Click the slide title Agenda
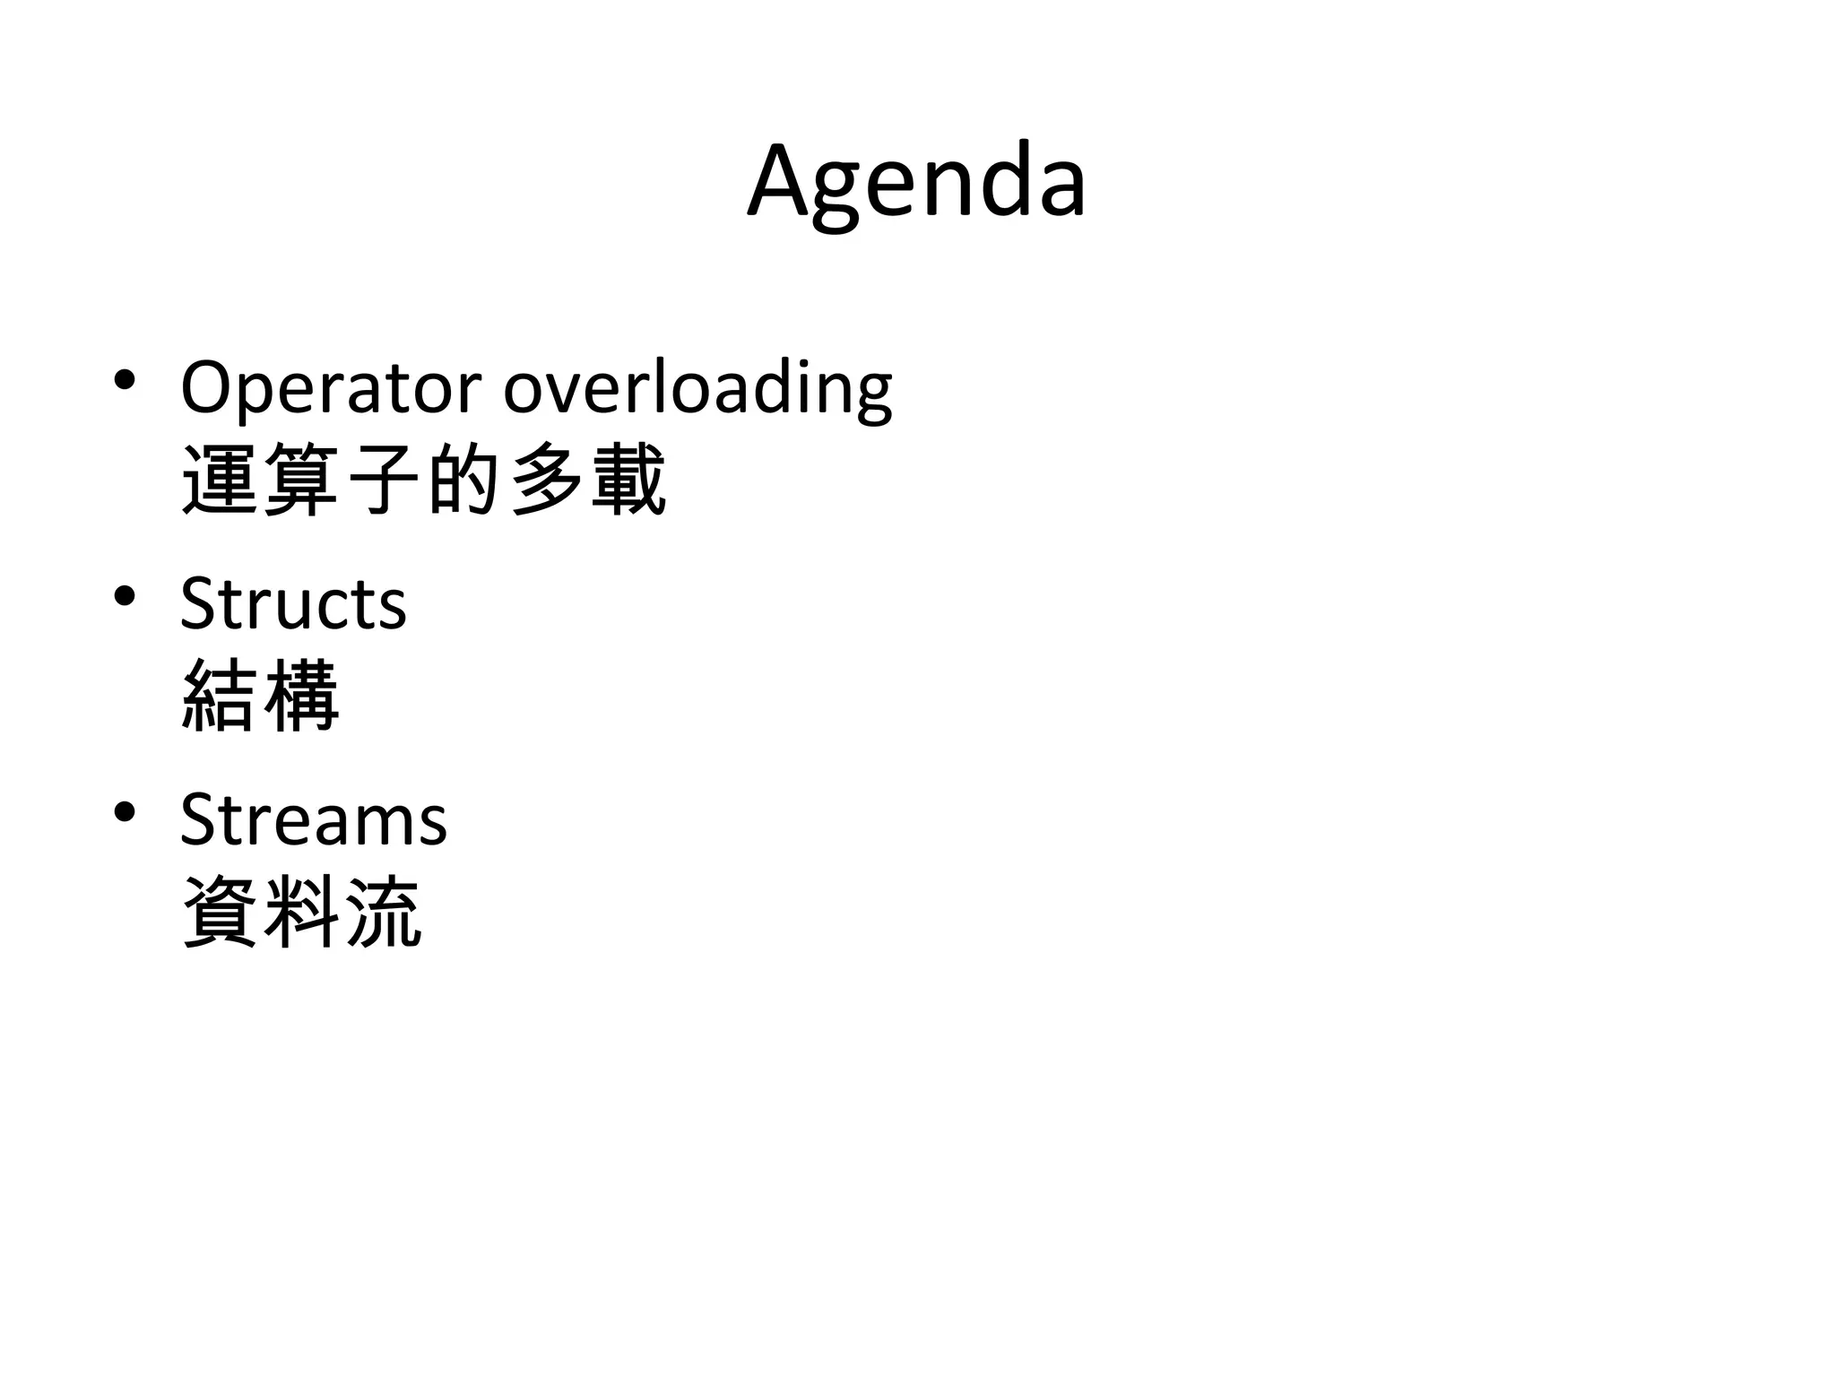[x=916, y=184]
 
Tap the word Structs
[x=293, y=603]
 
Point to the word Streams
[x=313, y=819]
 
